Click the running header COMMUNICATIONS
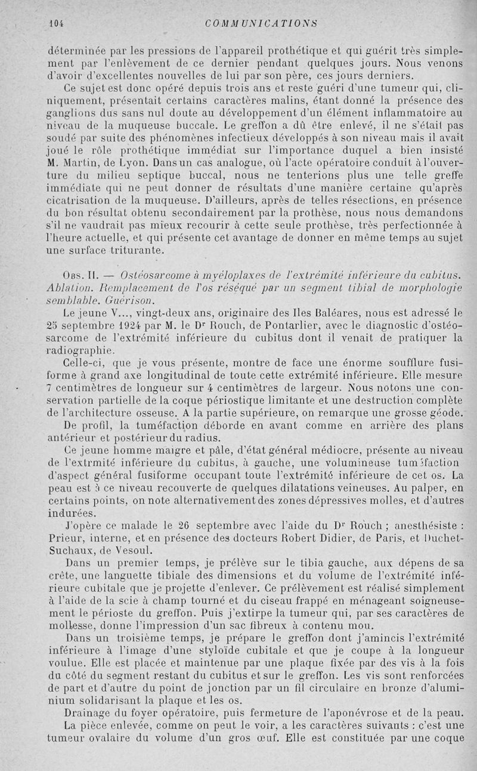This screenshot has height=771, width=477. [x=259, y=24]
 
